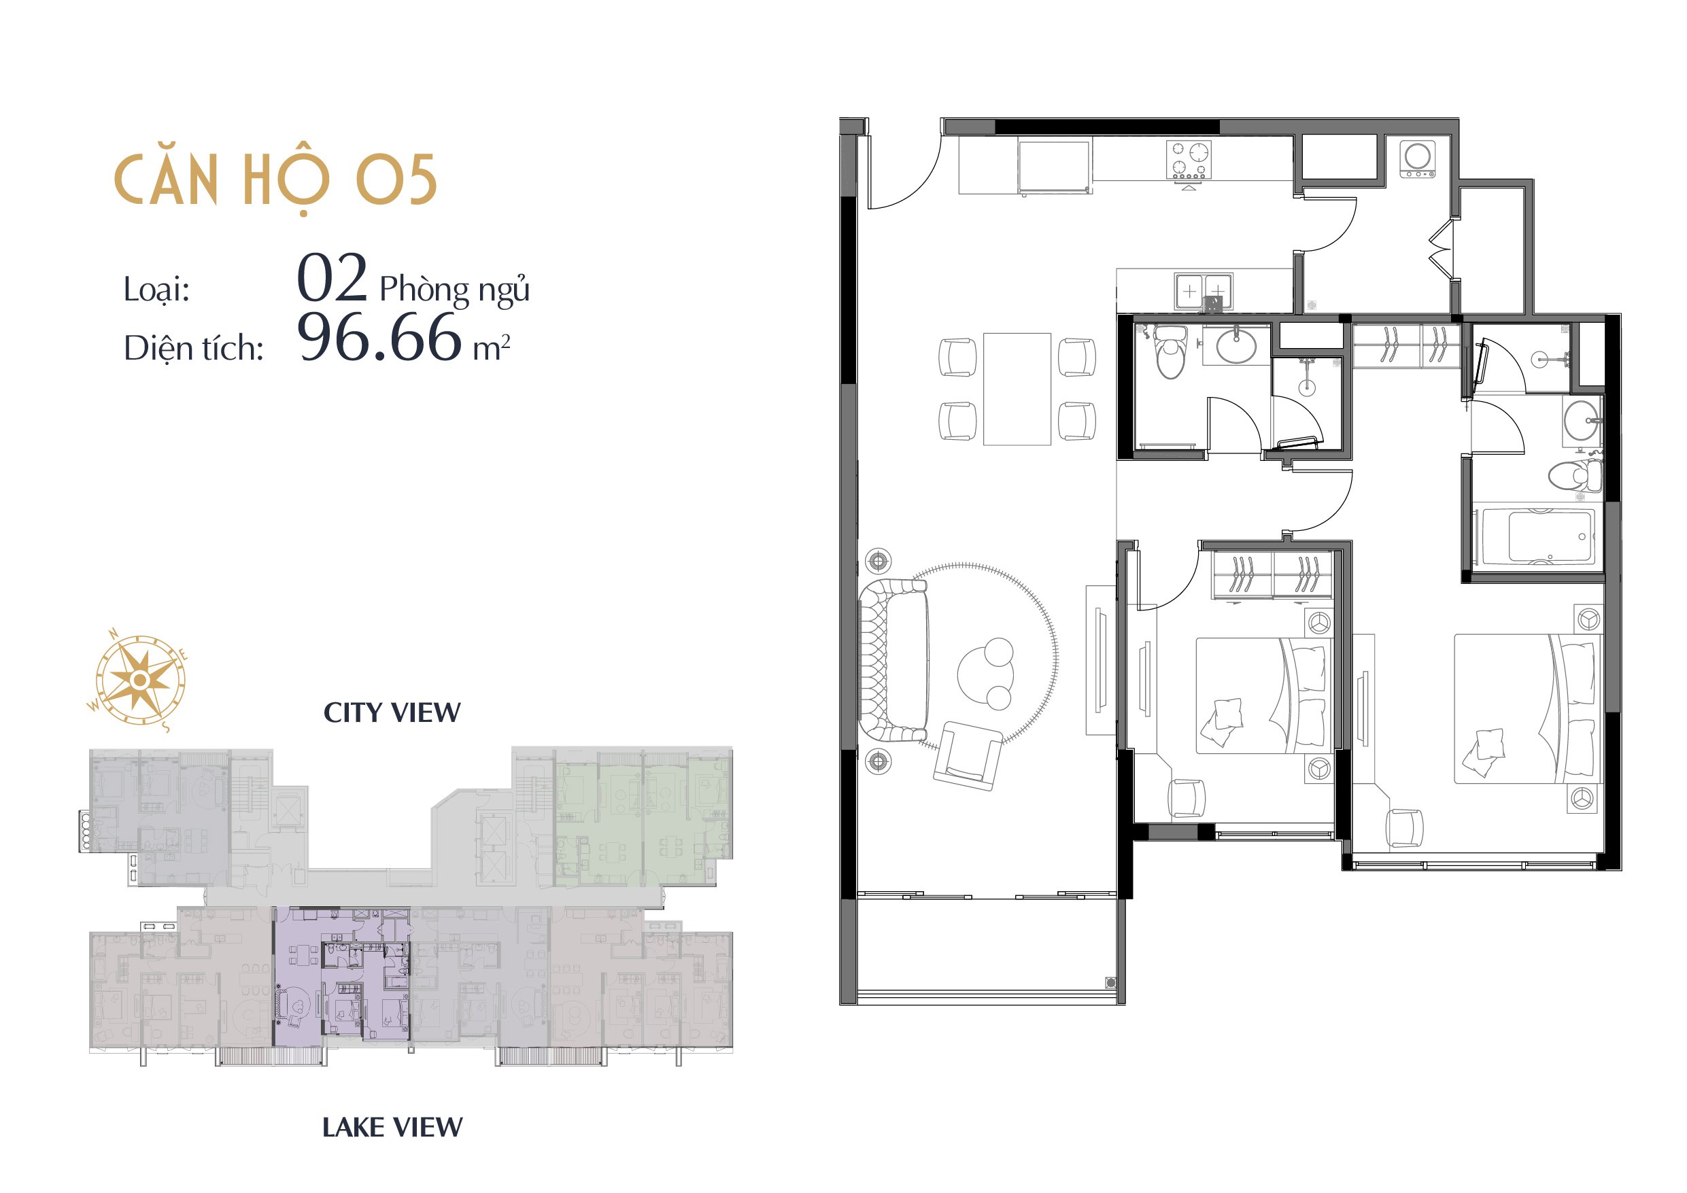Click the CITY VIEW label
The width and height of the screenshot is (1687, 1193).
coord(392,712)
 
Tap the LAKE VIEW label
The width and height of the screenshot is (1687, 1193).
coord(392,1127)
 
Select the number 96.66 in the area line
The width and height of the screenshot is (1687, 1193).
coord(379,337)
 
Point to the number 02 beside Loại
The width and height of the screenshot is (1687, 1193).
coord(331,277)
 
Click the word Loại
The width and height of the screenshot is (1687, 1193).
coord(156,289)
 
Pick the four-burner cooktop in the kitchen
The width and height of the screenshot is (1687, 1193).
coord(1189,160)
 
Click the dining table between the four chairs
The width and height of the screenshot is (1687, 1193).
coord(1017,390)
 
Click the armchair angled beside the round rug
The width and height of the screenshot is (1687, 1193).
coord(968,756)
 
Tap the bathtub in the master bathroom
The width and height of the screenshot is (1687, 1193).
coord(1538,536)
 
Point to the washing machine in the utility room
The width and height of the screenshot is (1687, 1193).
coord(1417,158)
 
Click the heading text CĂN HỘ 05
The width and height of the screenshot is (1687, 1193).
coord(275,181)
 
